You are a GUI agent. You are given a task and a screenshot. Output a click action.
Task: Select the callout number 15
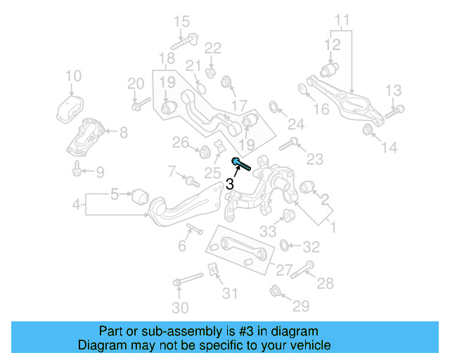point(182,20)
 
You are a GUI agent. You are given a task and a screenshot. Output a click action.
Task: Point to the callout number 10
point(73,76)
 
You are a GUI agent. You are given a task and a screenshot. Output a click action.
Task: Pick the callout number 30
point(181,308)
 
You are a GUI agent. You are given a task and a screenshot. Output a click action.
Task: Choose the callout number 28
point(326,283)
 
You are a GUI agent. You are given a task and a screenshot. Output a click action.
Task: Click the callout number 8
point(123,131)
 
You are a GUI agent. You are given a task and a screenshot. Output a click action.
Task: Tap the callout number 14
point(389,148)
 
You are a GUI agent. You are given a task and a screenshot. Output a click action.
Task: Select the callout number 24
point(296,125)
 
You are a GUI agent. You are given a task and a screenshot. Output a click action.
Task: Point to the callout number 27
point(283,269)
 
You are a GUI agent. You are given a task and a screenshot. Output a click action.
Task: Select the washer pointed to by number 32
point(284,245)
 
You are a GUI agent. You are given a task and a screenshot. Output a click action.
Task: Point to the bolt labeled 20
point(141,105)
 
